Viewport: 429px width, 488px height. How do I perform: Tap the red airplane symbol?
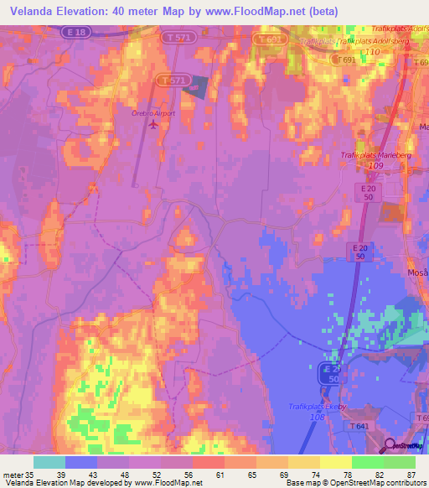pyautogui.click(x=152, y=125)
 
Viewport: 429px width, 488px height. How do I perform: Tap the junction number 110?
pyautogui.click(x=372, y=52)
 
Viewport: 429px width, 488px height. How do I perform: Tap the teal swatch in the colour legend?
pyautogui.click(x=49, y=461)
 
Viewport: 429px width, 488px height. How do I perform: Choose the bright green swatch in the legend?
pyautogui.click(x=368, y=461)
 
